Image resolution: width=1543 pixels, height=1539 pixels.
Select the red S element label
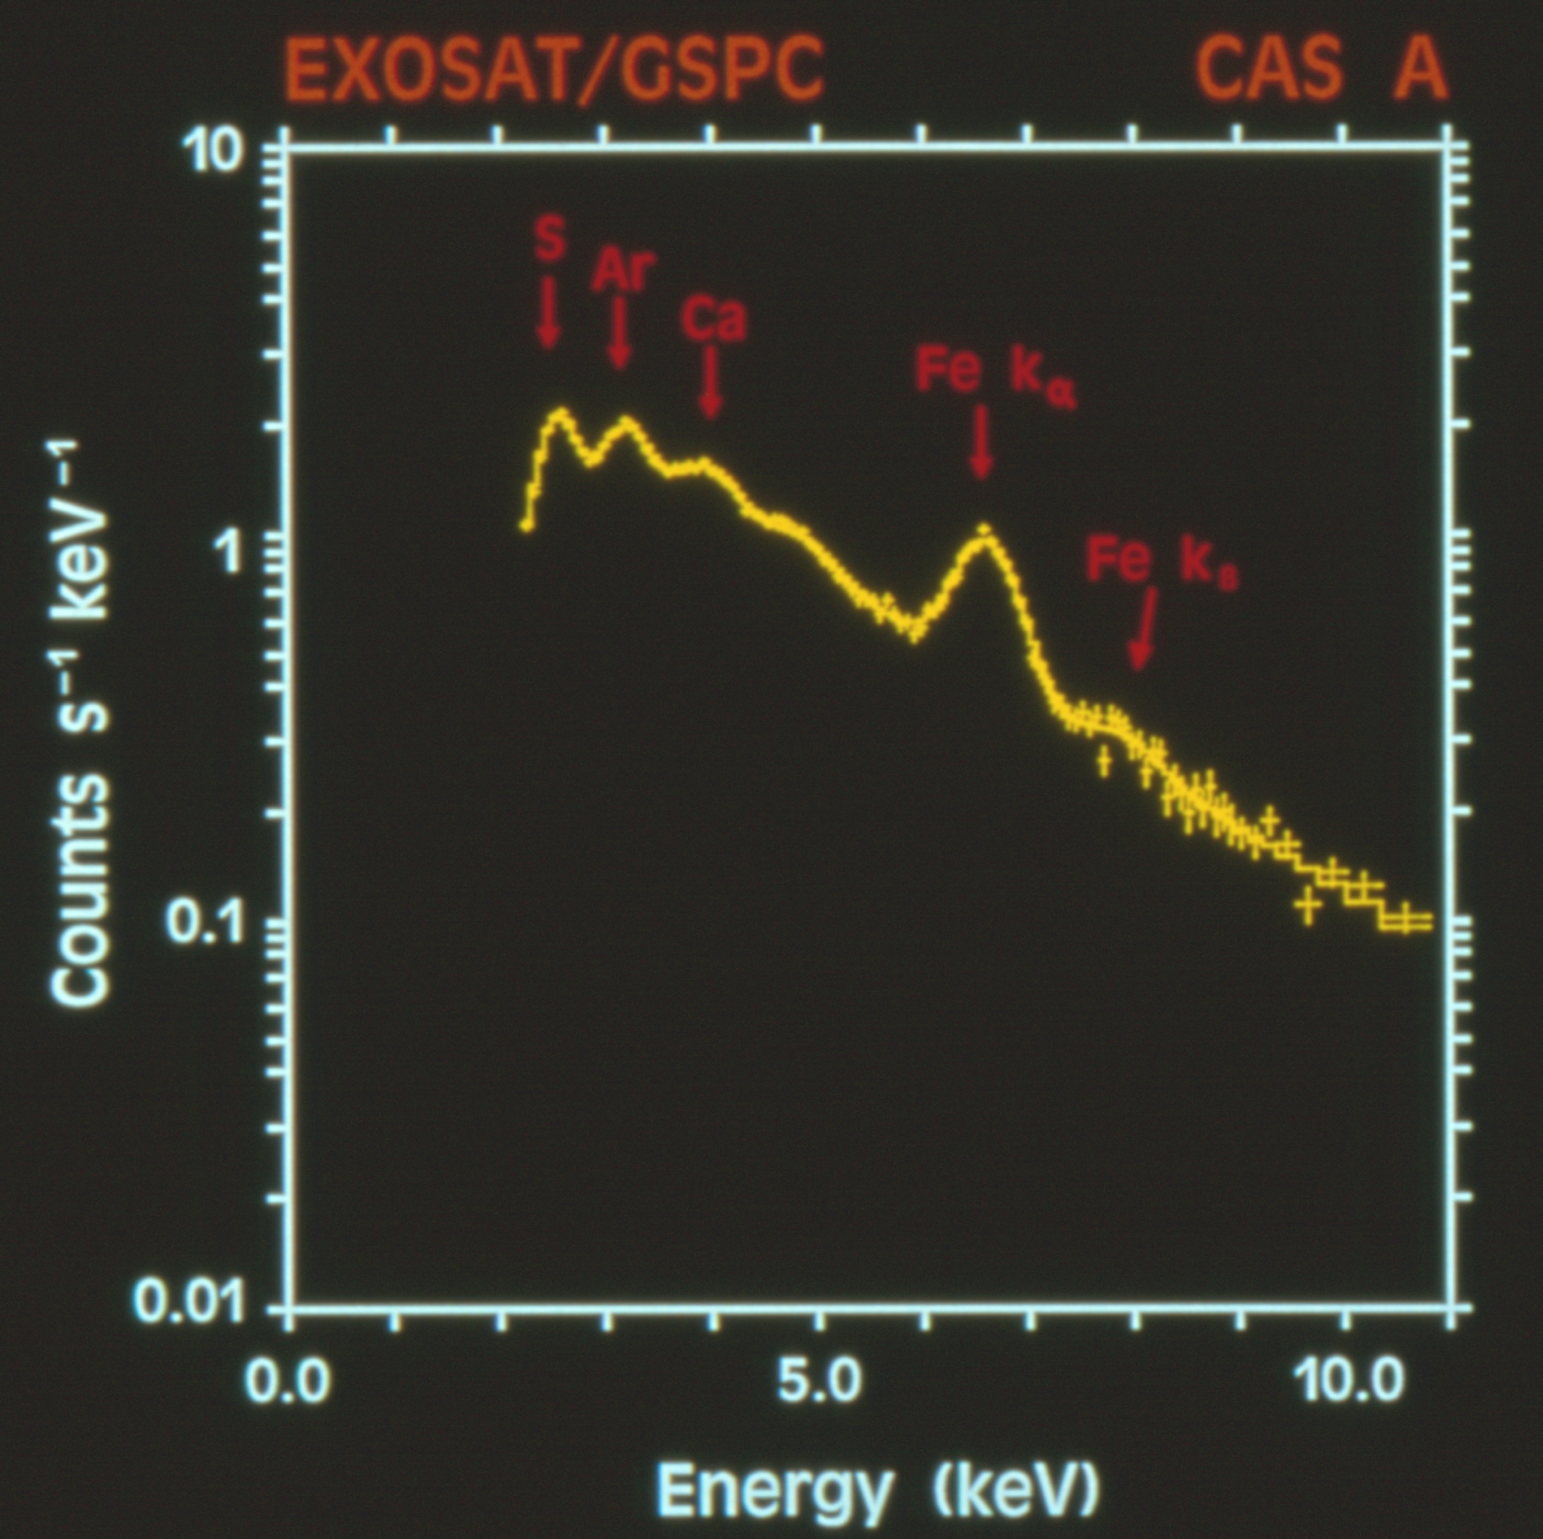pyautogui.click(x=549, y=240)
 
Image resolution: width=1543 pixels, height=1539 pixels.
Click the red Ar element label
pyautogui.click(x=624, y=270)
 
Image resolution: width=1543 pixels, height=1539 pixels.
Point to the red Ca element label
pyautogui.click(x=714, y=319)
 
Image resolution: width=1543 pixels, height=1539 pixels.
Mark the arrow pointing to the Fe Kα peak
pyautogui.click(x=982, y=443)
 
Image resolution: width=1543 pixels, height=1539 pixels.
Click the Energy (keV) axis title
pyautogui.click(x=877, y=1488)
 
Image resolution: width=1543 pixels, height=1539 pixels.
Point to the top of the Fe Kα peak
pyautogui.click(x=984, y=530)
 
